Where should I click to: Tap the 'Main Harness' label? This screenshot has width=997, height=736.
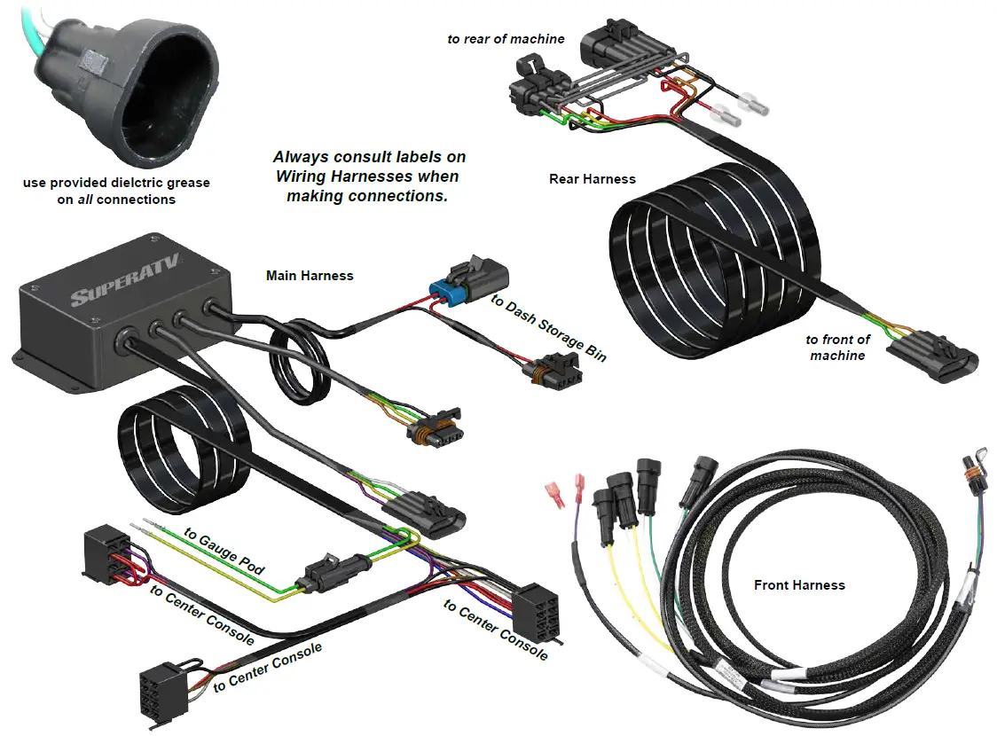[310, 276]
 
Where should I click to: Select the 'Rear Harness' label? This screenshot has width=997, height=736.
[593, 179]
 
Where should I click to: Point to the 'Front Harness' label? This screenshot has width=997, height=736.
[799, 585]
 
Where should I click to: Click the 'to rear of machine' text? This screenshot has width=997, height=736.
[506, 39]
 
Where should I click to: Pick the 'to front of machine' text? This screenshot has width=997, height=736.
[837, 347]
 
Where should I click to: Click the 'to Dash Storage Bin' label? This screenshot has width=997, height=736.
[549, 328]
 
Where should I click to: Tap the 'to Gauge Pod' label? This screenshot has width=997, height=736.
[224, 551]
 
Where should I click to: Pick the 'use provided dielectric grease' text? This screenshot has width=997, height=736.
[116, 183]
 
